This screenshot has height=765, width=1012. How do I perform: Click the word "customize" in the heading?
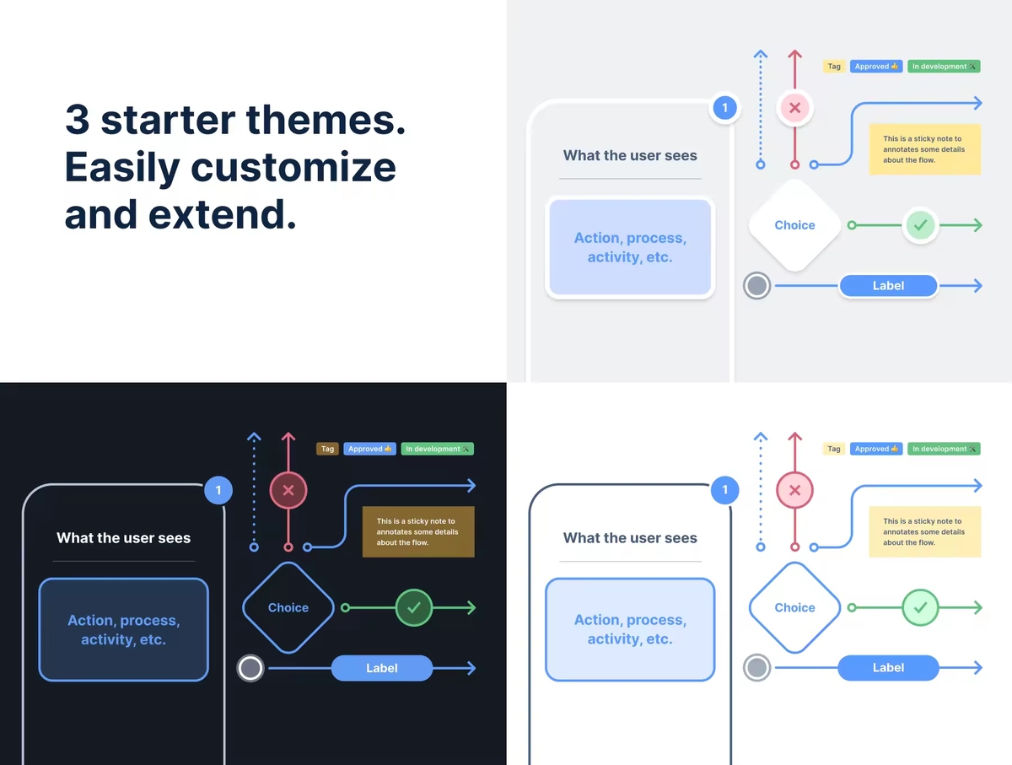[293, 168]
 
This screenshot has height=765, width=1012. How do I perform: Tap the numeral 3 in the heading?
[77, 121]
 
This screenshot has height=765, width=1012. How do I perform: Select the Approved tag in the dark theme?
[369, 449]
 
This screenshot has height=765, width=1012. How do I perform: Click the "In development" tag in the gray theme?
[944, 67]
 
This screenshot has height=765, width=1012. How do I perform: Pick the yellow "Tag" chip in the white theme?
[834, 449]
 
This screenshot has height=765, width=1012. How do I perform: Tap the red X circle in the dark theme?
[288, 490]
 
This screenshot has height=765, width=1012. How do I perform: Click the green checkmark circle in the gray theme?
[921, 225]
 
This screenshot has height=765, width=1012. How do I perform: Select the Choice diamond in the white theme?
[794, 607]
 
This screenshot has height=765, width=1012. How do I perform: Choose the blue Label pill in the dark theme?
[382, 668]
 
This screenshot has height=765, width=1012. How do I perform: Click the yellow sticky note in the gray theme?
[924, 149]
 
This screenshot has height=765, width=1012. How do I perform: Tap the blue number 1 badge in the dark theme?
[218, 490]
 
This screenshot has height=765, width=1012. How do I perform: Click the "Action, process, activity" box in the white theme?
[630, 629]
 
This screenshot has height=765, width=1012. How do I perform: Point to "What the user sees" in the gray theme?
[630, 155]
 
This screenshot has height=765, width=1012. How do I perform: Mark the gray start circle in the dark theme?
[250, 669]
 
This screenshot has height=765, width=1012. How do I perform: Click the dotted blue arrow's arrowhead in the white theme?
[761, 437]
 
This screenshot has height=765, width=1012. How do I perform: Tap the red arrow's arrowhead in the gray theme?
[794, 54]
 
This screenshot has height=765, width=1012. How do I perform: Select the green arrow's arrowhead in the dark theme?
[471, 607]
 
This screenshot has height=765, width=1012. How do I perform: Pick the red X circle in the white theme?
[794, 490]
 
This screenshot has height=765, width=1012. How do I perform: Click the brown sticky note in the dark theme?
[418, 531]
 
